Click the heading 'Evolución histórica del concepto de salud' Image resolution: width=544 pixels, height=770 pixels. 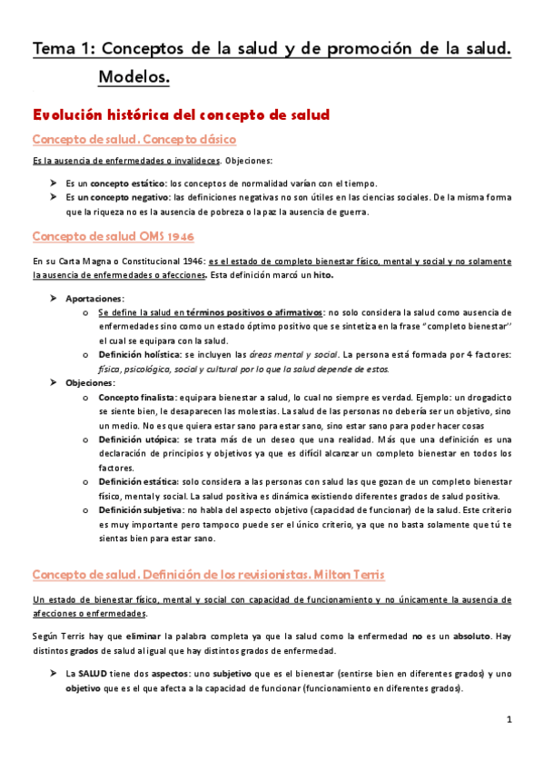coord(180,115)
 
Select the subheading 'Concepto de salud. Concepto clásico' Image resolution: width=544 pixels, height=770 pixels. coord(134,140)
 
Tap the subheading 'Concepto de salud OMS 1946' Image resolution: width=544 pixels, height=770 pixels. coord(113,236)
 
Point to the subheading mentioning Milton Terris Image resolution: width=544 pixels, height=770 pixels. coord(209,575)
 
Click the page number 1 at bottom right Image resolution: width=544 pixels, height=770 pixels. coord(510,720)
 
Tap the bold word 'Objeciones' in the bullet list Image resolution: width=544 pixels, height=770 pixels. coord(90,383)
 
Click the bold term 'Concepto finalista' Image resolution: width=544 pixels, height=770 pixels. coord(136,398)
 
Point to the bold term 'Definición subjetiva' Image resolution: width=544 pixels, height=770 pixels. coord(140,510)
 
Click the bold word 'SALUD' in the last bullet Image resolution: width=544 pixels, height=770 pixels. coord(93,674)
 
